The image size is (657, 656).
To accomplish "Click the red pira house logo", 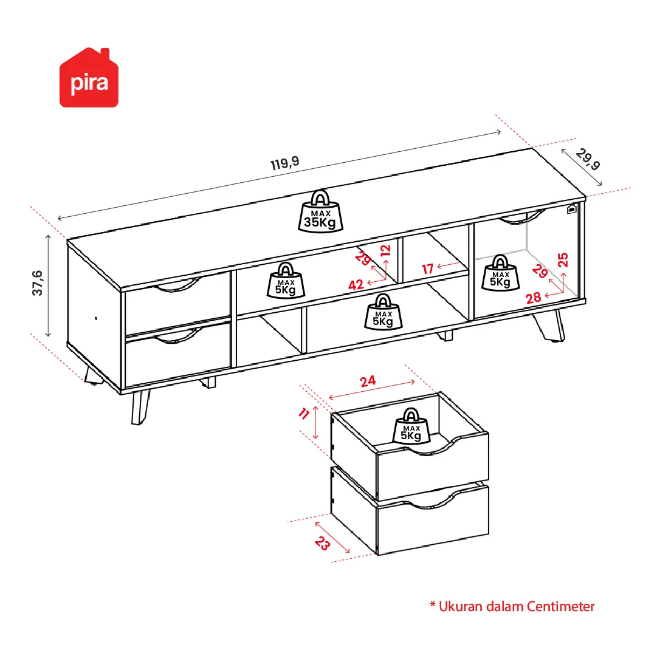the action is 89,78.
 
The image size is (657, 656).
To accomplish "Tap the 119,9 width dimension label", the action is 285,163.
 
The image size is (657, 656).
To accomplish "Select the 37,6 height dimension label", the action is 37,284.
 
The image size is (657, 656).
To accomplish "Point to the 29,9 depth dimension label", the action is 588,160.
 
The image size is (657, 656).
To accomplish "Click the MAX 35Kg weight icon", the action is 320,212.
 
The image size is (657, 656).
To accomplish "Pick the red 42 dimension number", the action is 356,285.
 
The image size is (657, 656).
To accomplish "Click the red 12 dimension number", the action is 385,250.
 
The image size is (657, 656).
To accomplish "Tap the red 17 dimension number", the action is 427,268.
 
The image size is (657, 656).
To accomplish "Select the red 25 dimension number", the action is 563,260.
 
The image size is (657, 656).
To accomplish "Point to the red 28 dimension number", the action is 534,298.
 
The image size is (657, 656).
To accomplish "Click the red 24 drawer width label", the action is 368,381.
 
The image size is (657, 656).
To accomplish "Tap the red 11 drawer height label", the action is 304,414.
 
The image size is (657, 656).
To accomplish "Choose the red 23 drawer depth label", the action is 322,544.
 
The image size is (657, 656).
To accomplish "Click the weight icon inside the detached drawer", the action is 411,426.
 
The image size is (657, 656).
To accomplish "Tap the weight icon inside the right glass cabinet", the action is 500,273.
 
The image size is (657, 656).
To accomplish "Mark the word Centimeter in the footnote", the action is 560,606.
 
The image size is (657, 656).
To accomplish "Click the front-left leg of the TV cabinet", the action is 140,407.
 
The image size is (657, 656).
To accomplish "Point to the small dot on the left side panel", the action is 96,318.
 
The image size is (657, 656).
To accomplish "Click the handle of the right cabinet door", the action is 522,217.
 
